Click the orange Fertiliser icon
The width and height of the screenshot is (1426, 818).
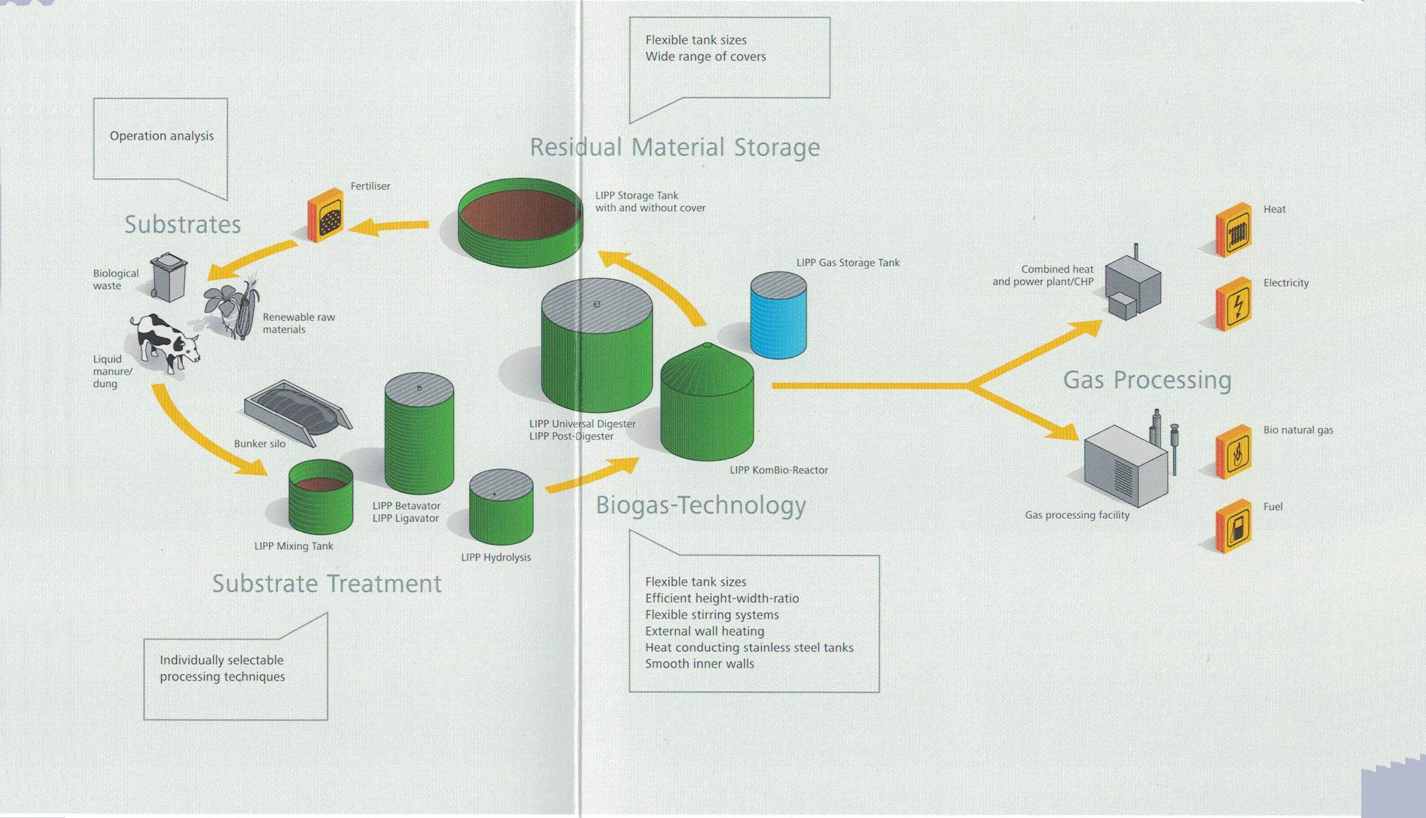coord(326,214)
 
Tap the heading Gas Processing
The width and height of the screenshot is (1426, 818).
coord(1147,380)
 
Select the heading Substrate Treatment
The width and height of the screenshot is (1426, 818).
coord(327,584)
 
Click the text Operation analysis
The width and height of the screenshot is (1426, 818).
coord(162,136)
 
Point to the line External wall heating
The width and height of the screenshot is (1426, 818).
coord(704,631)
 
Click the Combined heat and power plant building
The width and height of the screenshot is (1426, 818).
coord(1132,286)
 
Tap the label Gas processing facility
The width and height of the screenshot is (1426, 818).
coord(1077,515)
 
